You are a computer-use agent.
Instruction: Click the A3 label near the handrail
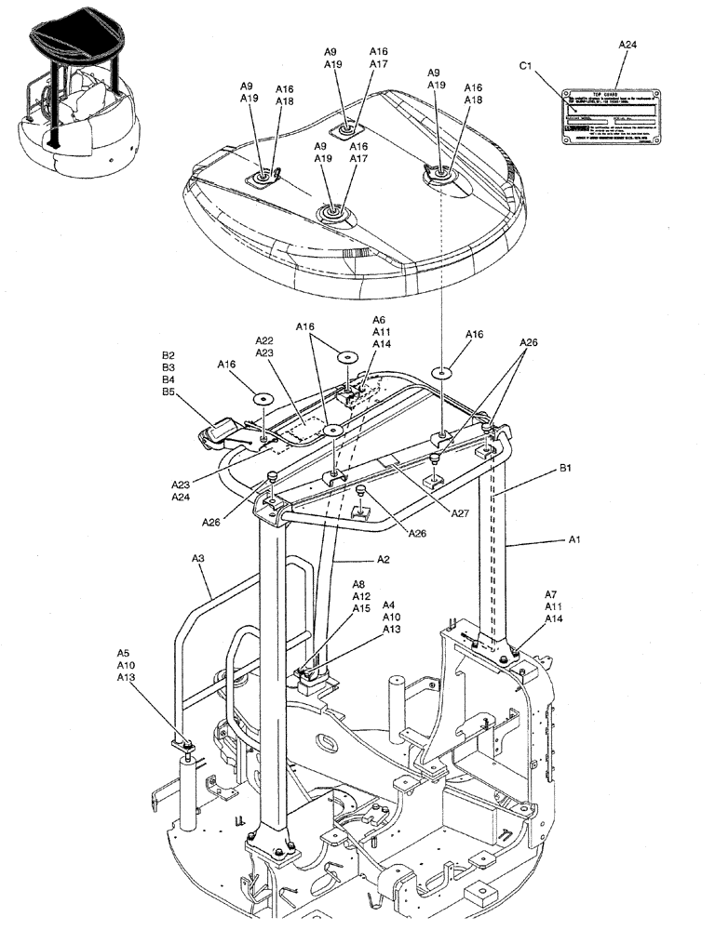(x=197, y=558)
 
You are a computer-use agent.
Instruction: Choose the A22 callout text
(x=264, y=340)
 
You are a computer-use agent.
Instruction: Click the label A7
(x=551, y=594)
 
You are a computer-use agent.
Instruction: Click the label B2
(x=169, y=356)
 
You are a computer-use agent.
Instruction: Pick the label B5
(x=169, y=392)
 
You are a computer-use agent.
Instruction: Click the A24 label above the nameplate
(x=627, y=44)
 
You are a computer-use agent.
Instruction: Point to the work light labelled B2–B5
(x=219, y=430)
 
